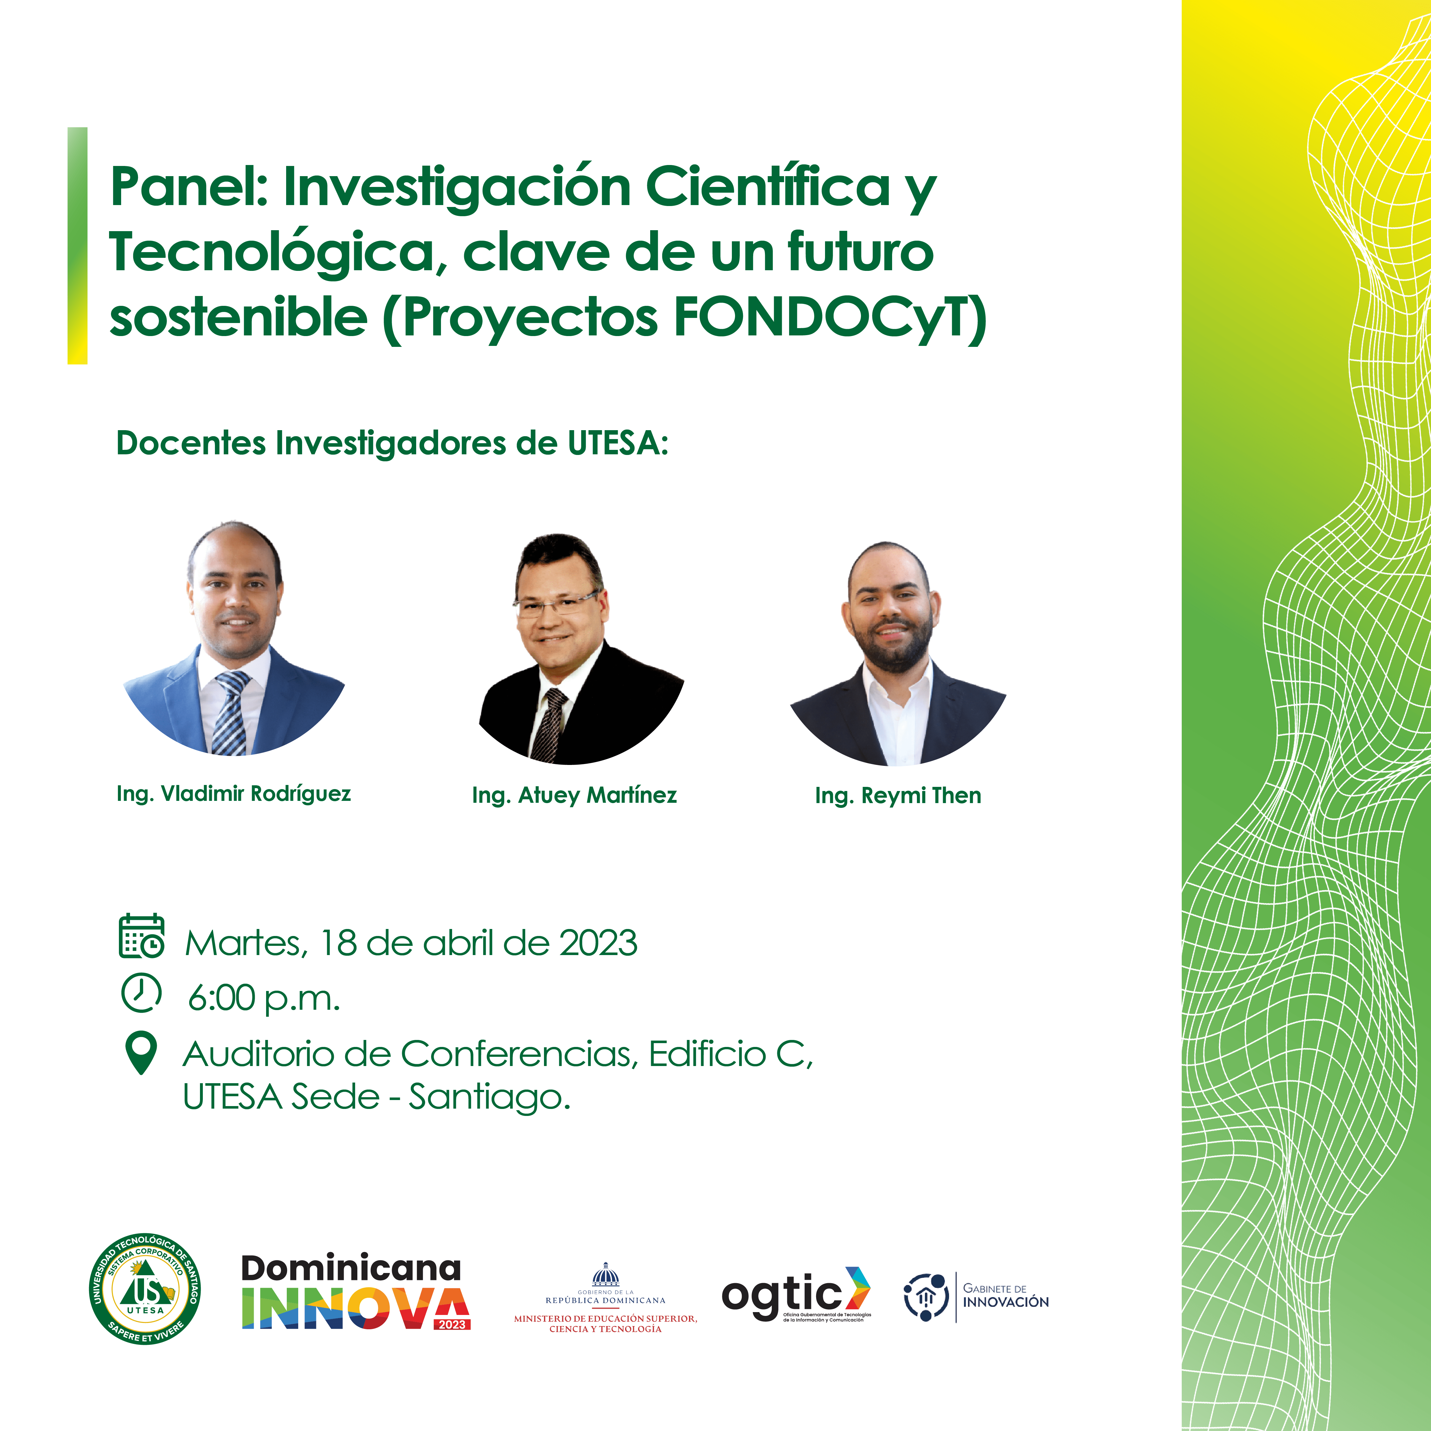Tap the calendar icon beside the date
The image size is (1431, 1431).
pyautogui.click(x=141, y=936)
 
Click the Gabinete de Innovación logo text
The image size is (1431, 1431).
pyautogui.click(x=1005, y=1296)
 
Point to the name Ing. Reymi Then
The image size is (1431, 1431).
pyautogui.click(x=898, y=795)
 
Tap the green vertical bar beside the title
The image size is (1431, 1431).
pyautogui.click(x=77, y=245)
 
